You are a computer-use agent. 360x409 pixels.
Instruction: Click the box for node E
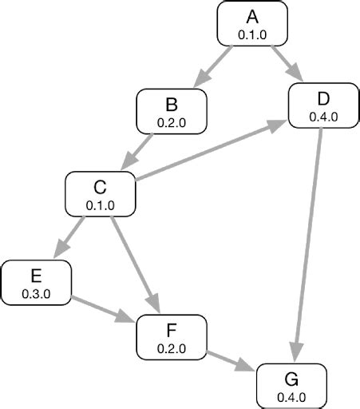(36, 282)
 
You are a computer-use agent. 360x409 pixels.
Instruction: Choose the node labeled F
(172, 336)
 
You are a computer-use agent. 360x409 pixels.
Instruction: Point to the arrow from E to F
(104, 308)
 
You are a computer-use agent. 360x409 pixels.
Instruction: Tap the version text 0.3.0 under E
(36, 294)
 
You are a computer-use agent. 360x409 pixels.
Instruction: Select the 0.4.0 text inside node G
(291, 397)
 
